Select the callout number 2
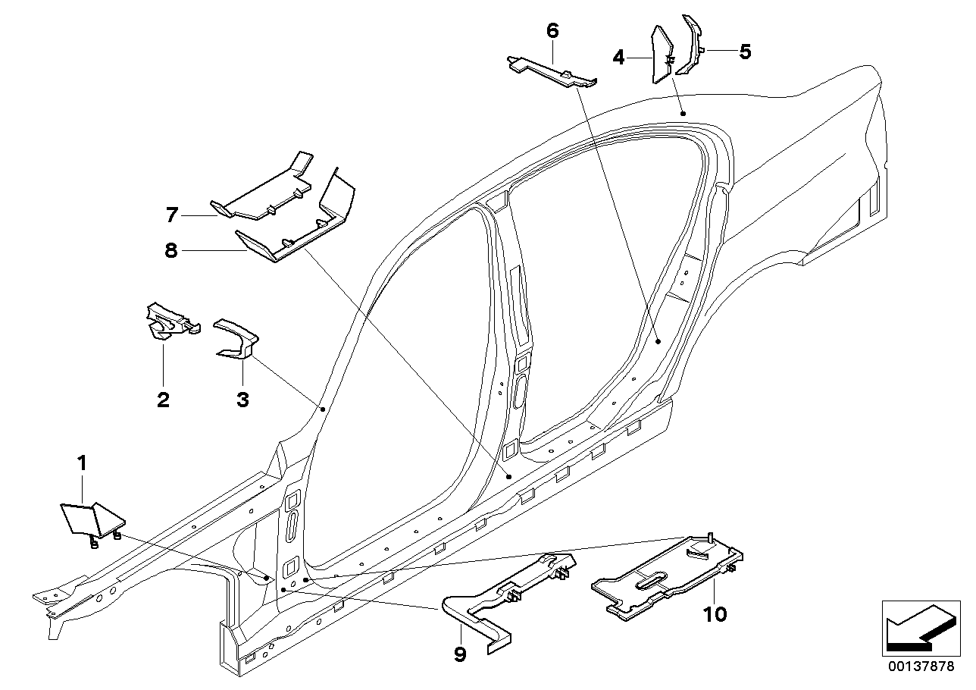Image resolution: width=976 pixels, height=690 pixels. coord(163,399)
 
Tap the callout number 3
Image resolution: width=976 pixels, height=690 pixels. coord(242,399)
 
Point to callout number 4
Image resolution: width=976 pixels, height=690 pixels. coord(619,57)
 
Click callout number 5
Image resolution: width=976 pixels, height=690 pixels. coord(745,52)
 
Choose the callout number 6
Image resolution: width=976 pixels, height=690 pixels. coord(552,31)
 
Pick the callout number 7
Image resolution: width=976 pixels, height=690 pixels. coord(172,215)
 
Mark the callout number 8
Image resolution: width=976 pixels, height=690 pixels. coord(171,249)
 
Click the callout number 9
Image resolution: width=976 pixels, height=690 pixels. coord(460,654)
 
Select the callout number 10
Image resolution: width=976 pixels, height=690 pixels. coord(715,613)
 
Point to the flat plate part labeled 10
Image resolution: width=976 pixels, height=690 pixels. coord(667,576)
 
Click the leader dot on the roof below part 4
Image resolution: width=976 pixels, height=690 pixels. coord(683,113)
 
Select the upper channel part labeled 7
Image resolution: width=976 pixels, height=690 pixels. coord(261,190)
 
